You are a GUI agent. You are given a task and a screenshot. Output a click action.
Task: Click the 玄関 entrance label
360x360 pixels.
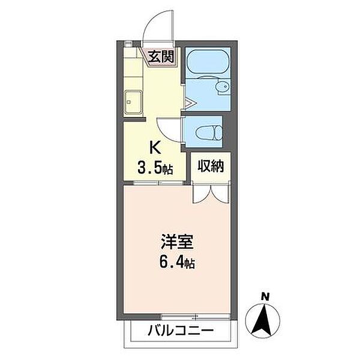(x=163, y=58)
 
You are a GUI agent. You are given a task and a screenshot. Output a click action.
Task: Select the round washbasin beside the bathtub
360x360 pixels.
(x=223, y=87)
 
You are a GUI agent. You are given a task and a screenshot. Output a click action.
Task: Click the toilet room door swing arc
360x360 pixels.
(x=169, y=128)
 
